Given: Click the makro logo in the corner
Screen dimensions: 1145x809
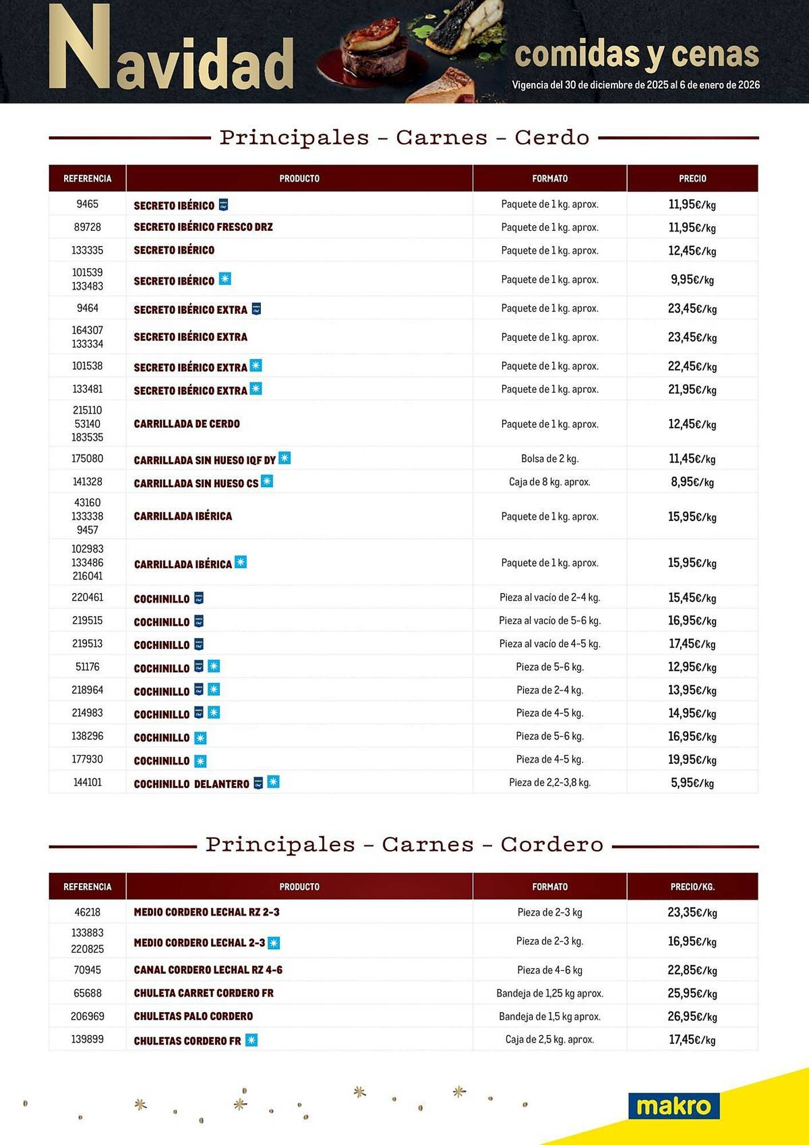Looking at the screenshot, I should pos(673,1106).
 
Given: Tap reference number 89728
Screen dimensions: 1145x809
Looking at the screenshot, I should pos(87,227).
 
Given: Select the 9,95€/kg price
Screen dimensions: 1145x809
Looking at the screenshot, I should pos(692,279).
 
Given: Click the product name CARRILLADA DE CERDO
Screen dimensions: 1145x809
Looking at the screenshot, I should pos(187,424).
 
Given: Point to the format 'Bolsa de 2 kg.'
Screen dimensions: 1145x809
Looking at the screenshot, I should pos(549,459).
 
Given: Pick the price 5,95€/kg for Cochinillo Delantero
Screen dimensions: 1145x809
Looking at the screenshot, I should pos(692,783).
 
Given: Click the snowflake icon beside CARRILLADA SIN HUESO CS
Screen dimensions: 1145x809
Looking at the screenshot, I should pos(267,481).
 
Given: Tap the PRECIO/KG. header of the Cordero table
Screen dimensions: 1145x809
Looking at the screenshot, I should pos(692,887).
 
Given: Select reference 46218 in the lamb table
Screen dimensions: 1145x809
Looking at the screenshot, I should pos(87,912).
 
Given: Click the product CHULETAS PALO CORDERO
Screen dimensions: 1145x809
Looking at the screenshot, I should pos(193,1016).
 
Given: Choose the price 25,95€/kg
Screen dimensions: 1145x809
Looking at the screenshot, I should pos(692,993).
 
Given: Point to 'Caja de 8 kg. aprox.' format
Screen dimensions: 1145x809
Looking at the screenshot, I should pos(549,482).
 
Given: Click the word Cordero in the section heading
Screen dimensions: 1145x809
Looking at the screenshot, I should pos(552,844).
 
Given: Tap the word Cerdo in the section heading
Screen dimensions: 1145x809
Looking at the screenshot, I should pos(552,137).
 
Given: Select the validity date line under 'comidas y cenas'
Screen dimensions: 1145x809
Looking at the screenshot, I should pos(636,85).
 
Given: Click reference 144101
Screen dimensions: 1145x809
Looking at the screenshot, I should pos(87,782).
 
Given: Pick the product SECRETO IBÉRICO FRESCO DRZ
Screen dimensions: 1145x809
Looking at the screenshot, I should pos(203,227).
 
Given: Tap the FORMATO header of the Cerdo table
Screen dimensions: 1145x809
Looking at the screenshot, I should pos(549,179).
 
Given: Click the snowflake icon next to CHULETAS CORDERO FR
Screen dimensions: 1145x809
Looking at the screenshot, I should pos(251,1040).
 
